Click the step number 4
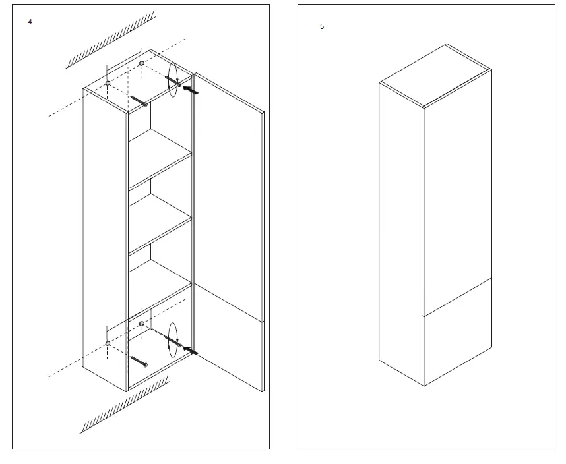coord(30,22)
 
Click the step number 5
coord(322,27)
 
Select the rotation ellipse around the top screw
coord(173,80)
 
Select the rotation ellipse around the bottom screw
coord(173,340)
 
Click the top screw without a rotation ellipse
coord(139,101)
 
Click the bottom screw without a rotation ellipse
coord(139,362)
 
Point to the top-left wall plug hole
coord(108,84)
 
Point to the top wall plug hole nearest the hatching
coord(142,63)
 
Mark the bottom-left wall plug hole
coord(108,343)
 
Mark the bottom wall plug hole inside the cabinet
coord(142,324)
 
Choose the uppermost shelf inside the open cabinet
coord(160,158)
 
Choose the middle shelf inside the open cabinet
coord(160,223)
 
